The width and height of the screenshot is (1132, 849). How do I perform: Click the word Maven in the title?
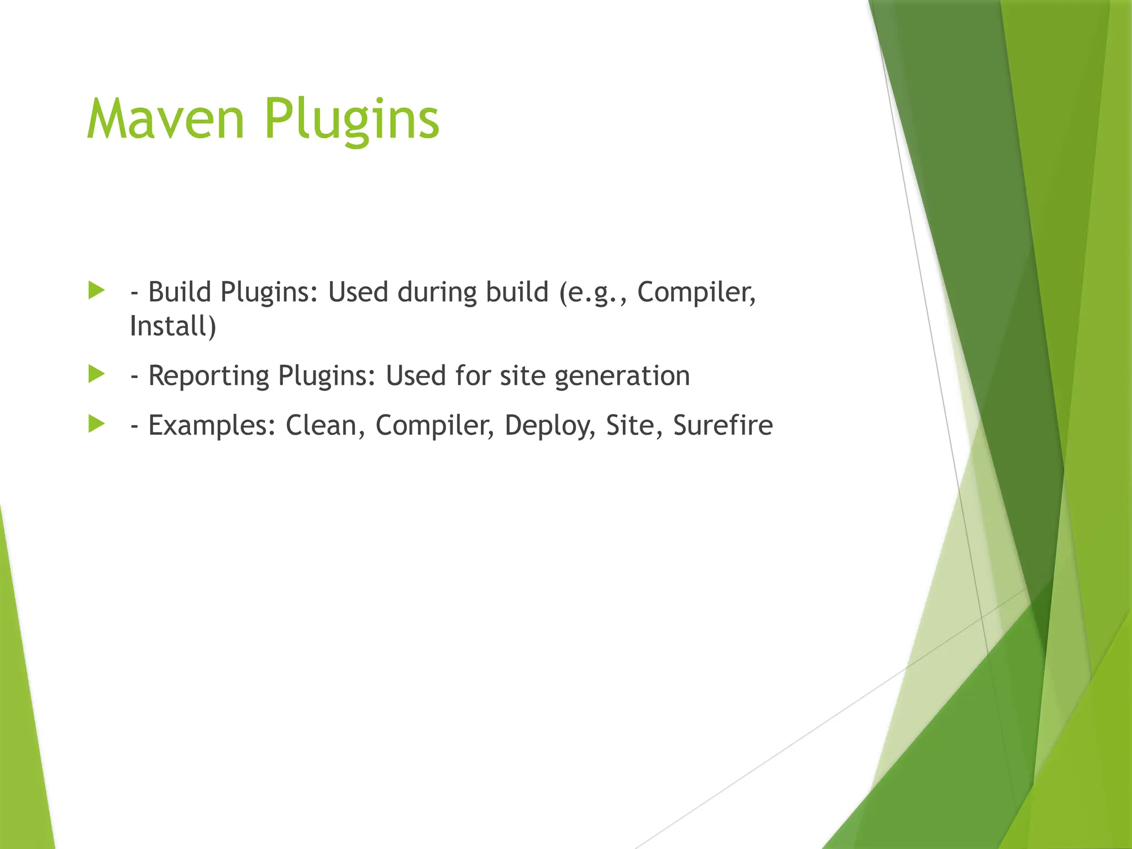tap(165, 119)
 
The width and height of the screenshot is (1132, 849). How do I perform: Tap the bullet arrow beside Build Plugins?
tap(96, 291)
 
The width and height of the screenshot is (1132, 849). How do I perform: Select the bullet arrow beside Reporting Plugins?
tap(96, 375)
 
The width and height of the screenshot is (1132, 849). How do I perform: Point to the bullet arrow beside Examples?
tap(96, 424)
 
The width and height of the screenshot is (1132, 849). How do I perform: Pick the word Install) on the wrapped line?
tap(173, 326)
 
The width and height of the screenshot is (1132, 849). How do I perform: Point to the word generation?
tap(622, 376)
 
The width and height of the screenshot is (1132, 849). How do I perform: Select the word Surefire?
tap(722, 425)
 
